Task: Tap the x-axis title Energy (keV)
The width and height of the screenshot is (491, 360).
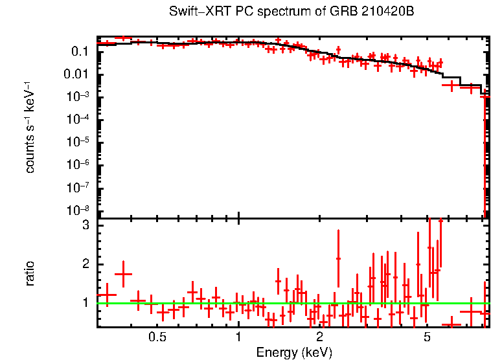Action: [294, 352]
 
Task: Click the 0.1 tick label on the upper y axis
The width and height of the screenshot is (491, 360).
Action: [80, 51]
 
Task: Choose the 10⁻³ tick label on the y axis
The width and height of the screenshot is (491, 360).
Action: [80, 96]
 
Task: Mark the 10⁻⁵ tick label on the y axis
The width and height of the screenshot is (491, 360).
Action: [80, 142]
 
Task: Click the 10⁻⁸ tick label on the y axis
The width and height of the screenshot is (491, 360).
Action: [80, 210]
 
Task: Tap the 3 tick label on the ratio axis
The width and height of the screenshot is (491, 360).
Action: [84, 226]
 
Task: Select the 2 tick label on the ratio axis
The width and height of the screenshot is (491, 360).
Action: [84, 264]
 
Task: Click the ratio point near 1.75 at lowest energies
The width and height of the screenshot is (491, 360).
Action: [123, 275]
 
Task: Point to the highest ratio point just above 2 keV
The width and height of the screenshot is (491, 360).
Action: [338, 258]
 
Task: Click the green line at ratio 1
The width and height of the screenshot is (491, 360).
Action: [194, 303]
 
